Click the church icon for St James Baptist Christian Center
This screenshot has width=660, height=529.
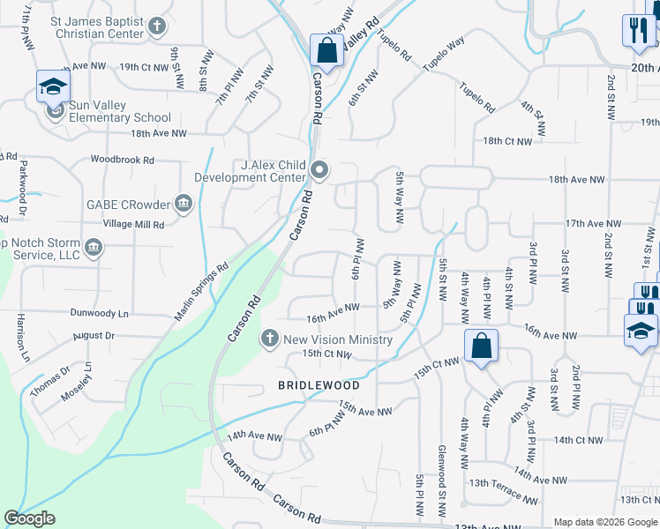(157, 26)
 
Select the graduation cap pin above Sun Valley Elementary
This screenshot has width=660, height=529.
(53, 86)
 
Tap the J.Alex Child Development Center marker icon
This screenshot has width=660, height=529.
(320, 170)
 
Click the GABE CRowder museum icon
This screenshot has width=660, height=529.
(184, 205)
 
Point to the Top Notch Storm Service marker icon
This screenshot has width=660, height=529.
(94, 248)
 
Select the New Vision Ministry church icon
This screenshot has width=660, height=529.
(270, 339)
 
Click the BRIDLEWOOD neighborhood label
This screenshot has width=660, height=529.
(319, 385)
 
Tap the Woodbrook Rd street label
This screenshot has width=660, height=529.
(123, 160)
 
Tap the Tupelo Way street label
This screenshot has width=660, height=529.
(443, 55)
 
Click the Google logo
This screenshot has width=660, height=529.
(30, 518)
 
